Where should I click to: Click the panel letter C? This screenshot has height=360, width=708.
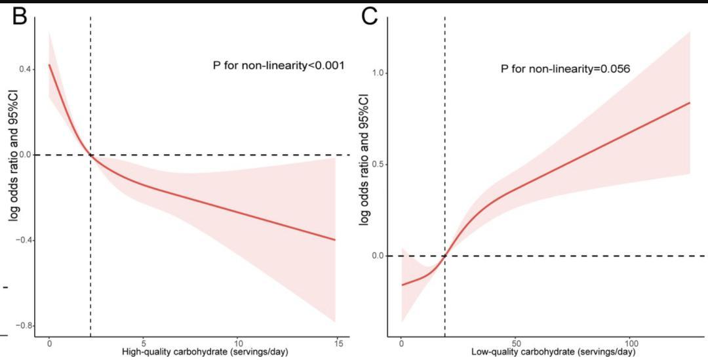coord(370,16)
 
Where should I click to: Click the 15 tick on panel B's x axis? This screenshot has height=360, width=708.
coord(335,343)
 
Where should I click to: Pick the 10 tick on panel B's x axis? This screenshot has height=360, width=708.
coord(239,343)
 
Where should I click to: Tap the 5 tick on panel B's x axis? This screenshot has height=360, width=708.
coord(144,343)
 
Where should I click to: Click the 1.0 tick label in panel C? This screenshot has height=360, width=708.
coord(378,73)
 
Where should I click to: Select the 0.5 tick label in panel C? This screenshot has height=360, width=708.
coord(378,164)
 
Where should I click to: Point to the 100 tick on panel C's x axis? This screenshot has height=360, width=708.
coord(631,343)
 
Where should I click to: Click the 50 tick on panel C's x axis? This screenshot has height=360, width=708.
coord(516,343)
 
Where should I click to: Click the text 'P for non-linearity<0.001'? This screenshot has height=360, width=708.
coord(279,66)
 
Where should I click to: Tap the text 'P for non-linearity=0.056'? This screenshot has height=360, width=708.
coord(566,68)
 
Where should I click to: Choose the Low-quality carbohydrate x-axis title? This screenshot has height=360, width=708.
coord(553,352)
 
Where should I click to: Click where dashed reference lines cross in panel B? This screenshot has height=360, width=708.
coord(90,155)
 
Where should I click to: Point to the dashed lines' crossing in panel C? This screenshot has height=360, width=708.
coord(445,256)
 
